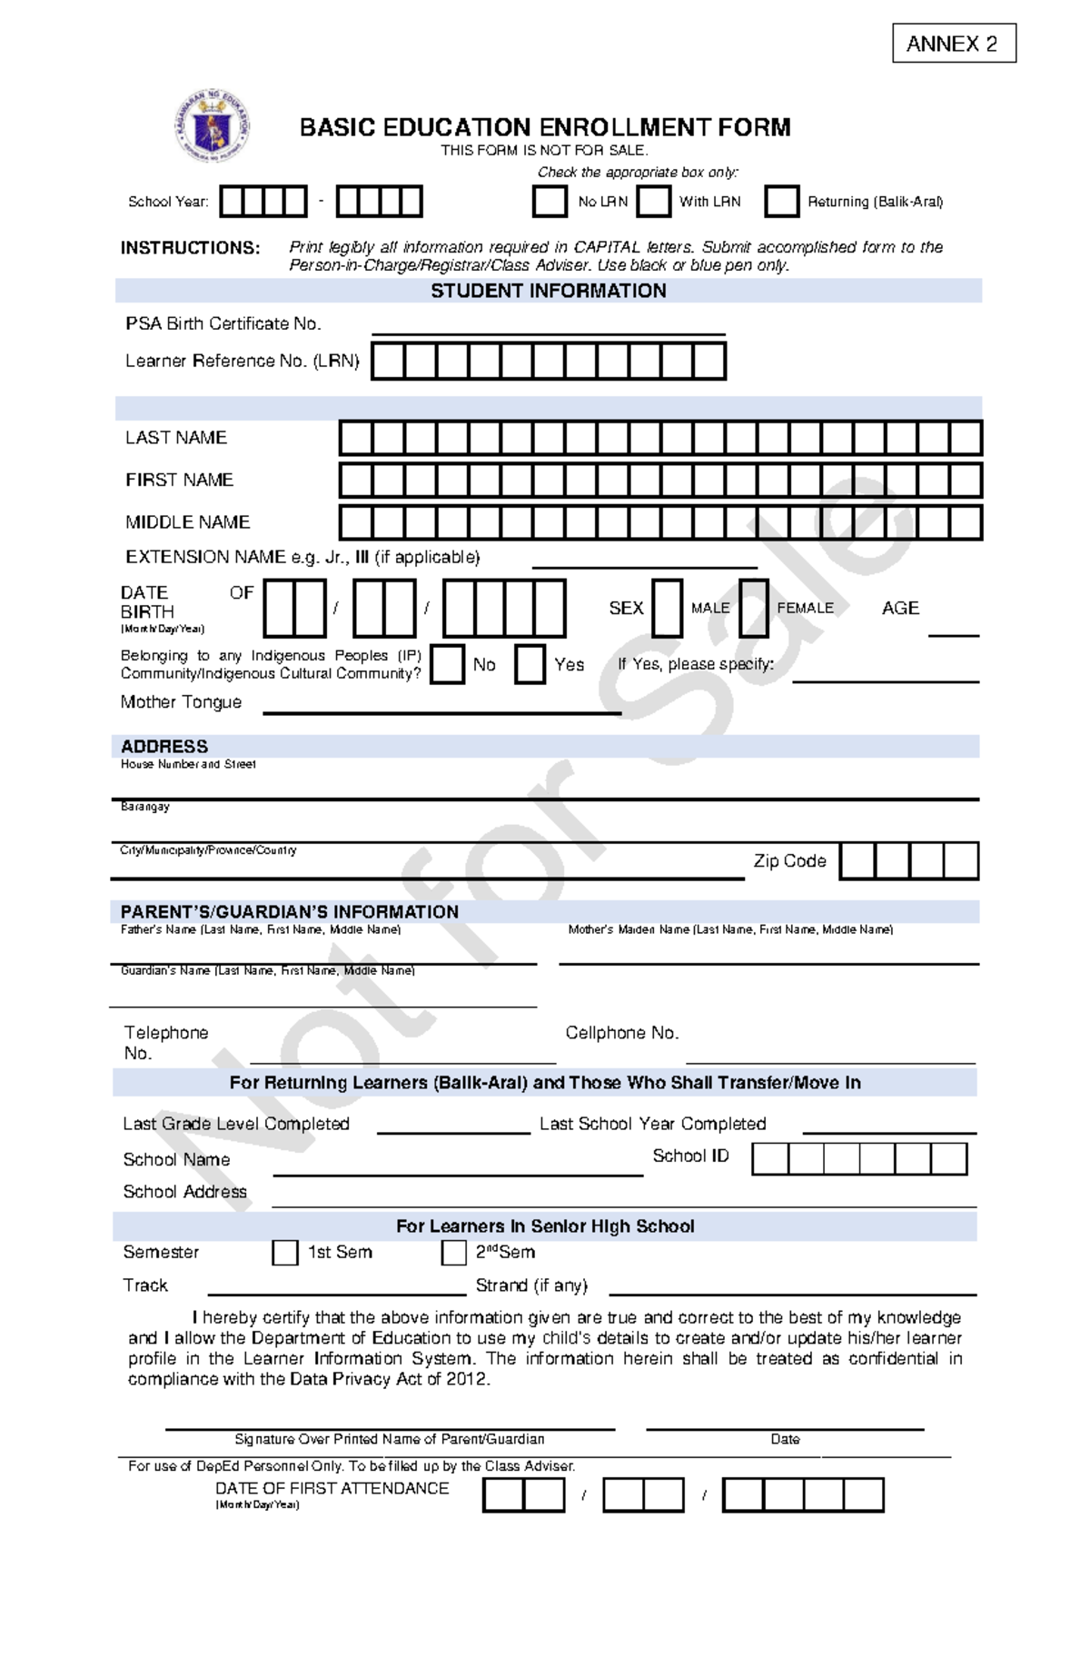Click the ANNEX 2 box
click(953, 44)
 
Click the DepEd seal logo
click(213, 126)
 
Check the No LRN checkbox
click(550, 202)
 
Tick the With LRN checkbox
click(653, 202)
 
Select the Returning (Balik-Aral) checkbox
click(781, 202)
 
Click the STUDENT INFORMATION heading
click(548, 291)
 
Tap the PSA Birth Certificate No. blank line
click(548, 327)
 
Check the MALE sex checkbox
click(667, 608)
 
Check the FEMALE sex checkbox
click(753, 608)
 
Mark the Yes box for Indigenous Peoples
click(530, 664)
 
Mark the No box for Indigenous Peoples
click(447, 664)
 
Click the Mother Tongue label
click(181, 702)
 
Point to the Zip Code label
click(789, 861)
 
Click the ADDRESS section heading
click(164, 747)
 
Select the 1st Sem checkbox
click(285, 1253)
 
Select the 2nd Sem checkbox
click(453, 1253)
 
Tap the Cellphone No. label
click(622, 1033)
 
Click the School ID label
click(690, 1156)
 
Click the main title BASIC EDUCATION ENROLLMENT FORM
click(545, 127)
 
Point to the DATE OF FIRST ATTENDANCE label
click(332, 1488)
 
